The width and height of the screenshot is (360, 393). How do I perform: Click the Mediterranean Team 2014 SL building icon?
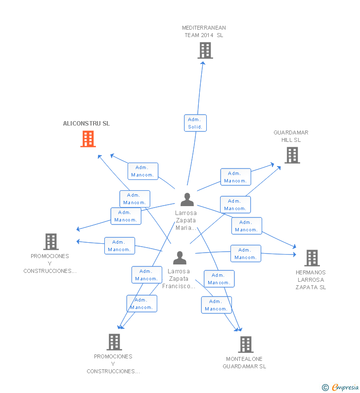click(x=205, y=50)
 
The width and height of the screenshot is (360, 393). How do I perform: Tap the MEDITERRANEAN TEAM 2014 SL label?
click(x=204, y=32)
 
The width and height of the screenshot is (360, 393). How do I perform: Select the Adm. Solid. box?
click(x=195, y=123)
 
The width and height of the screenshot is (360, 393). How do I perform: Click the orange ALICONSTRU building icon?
click(x=88, y=139)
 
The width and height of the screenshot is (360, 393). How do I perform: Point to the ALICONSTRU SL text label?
click(x=87, y=124)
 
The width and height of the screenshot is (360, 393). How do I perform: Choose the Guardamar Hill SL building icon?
click(x=292, y=155)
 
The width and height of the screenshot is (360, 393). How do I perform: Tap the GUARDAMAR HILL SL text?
click(x=291, y=136)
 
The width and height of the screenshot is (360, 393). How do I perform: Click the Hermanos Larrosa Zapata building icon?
click(x=312, y=258)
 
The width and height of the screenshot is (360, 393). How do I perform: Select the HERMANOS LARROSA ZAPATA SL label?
click(x=311, y=280)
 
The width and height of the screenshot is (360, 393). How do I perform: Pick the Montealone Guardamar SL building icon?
click(x=245, y=344)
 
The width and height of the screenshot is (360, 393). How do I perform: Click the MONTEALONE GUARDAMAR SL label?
click(x=244, y=363)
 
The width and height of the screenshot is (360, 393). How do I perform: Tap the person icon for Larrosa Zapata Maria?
click(x=187, y=199)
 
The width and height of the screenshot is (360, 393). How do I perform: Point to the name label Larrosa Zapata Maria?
click(x=186, y=220)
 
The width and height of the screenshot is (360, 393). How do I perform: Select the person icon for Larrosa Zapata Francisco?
click(x=180, y=258)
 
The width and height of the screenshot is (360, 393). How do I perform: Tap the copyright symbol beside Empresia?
click(x=325, y=388)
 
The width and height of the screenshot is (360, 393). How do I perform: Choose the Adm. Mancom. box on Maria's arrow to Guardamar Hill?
click(x=235, y=177)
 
